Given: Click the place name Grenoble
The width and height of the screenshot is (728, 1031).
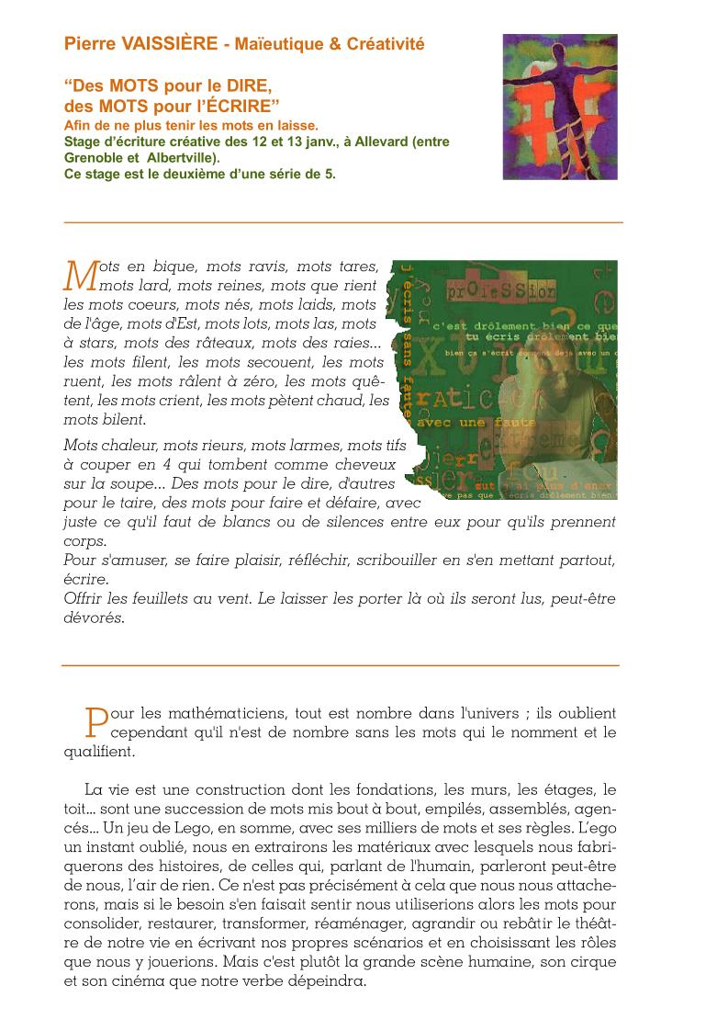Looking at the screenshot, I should point(93,157).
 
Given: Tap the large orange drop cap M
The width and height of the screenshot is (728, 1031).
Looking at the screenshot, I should point(82,274).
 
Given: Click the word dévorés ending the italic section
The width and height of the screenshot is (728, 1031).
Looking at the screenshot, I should point(94,617).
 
